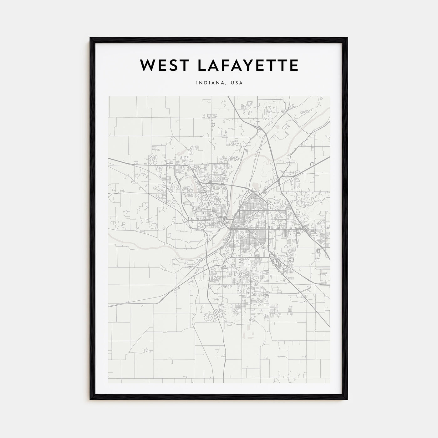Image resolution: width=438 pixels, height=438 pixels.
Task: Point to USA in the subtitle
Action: (236, 83)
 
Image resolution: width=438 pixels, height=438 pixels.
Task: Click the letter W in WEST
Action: (146, 65)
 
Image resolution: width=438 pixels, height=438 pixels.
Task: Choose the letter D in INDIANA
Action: (205, 83)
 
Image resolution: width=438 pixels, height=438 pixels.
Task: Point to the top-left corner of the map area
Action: (108, 96)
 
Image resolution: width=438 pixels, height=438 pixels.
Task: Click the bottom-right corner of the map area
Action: (330, 383)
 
